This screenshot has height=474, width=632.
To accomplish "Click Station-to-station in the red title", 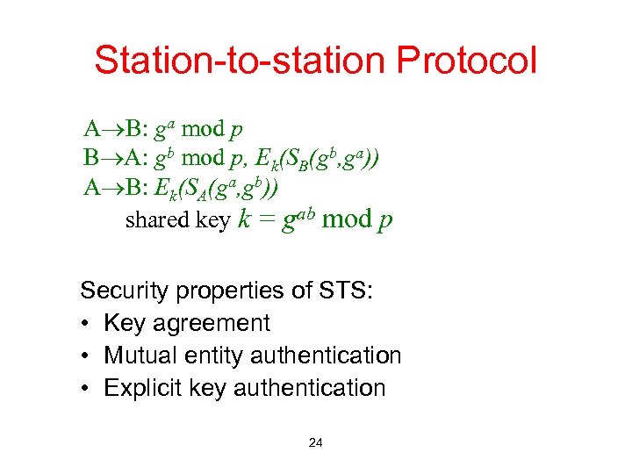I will [241, 61].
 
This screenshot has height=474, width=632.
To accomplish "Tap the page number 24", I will [316, 443].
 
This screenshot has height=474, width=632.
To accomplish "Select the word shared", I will [153, 220].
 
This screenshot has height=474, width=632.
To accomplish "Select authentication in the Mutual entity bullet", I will [326, 355].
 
